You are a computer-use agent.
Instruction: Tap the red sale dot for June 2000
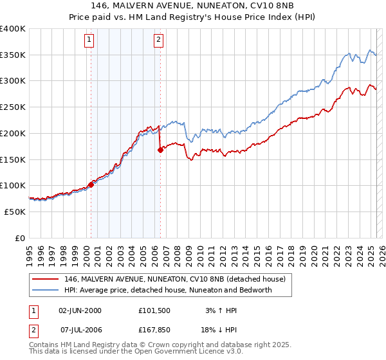(x=91, y=184)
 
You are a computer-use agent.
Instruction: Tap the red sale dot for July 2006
(x=160, y=150)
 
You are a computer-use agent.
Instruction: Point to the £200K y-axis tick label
(x=13, y=133)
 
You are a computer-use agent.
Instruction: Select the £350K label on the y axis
(x=13, y=55)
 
